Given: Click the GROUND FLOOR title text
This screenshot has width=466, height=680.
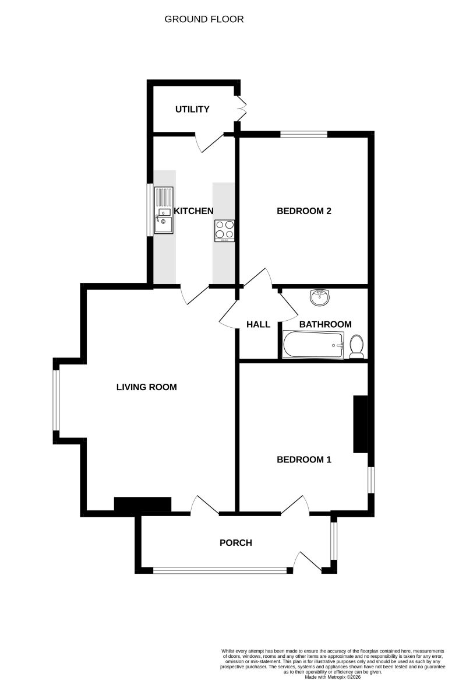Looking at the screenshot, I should coord(204,19).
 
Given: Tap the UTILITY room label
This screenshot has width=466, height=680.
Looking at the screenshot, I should coord(192,109).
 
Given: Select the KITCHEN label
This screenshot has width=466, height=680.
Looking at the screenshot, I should coord(194,211).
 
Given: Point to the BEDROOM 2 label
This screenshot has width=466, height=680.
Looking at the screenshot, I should coord(303,211).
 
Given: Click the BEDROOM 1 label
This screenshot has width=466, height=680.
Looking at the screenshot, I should coord(303,460).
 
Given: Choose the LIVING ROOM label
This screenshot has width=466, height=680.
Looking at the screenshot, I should coord(146,387).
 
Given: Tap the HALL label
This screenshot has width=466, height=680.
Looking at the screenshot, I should coord(259,324).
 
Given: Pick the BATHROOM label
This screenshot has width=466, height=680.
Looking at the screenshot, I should coord(325,324).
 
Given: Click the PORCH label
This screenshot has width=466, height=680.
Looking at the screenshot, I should coord(235,543).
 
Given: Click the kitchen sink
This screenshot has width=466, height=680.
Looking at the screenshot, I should coord(164,210).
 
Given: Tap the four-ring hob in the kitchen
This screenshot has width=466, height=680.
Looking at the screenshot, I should coord(225,230).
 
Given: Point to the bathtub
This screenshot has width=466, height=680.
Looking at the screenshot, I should coord(313,345).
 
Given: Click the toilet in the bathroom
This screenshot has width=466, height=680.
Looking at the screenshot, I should coord(357,346).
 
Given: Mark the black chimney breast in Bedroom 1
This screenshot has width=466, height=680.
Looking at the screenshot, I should coord(361,424).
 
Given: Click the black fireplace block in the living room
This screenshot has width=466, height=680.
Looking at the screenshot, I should coord(142,504).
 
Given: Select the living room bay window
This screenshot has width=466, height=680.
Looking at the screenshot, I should coord(56,400).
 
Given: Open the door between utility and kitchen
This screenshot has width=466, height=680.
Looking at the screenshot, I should coord(209,141).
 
